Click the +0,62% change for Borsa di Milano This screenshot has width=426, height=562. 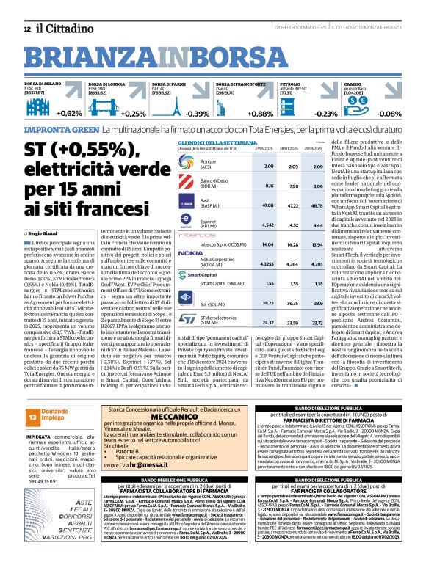[68, 114]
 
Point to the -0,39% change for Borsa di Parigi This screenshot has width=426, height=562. [197, 114]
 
